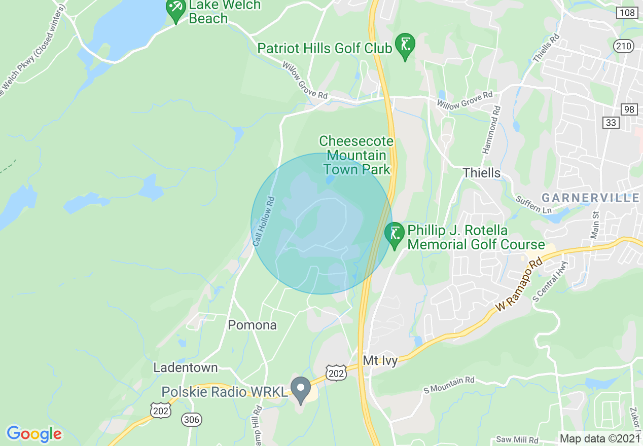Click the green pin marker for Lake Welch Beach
tap(176, 10)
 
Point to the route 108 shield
tap(628, 12)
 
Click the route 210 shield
tap(623, 47)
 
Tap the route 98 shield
tap(629, 109)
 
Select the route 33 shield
tap(610, 122)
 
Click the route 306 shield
tap(192, 419)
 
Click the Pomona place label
tap(252, 325)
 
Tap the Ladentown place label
tap(186, 367)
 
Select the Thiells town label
tap(481, 173)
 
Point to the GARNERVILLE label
tap(590, 198)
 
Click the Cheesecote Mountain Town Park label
tap(356, 155)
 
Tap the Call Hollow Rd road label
tap(263, 221)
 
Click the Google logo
tap(34, 434)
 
